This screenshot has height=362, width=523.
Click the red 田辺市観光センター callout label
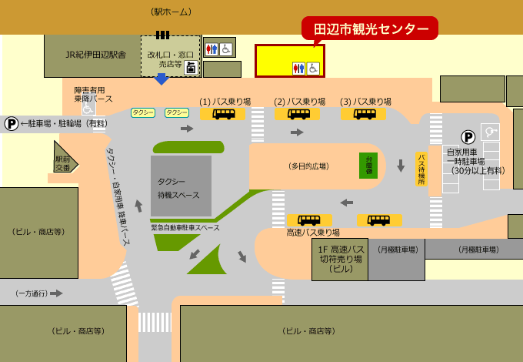tap(370, 28)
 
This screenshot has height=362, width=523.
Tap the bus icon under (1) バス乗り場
tap(224, 114)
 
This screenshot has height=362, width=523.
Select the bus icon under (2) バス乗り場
tap(298, 114)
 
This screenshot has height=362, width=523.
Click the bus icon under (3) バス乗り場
tap(365, 114)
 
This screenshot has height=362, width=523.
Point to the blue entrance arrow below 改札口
tap(162, 79)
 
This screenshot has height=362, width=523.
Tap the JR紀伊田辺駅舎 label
tap(95, 55)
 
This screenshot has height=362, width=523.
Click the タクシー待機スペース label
tap(180, 187)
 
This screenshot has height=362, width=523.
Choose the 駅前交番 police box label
tap(63, 163)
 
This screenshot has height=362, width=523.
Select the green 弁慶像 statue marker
tap(368, 165)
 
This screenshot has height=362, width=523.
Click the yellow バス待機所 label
tap(421, 168)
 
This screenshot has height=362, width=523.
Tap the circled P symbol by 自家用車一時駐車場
tap(468, 137)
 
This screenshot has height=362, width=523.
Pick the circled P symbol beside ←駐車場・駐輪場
tap(11, 123)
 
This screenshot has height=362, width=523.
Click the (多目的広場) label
tap(308, 166)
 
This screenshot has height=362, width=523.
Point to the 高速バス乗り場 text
tap(313, 232)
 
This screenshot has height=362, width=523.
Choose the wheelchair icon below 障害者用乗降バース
tap(88, 109)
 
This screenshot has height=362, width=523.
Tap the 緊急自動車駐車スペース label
tap(185, 227)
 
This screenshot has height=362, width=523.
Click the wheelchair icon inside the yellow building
tap(313, 69)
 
